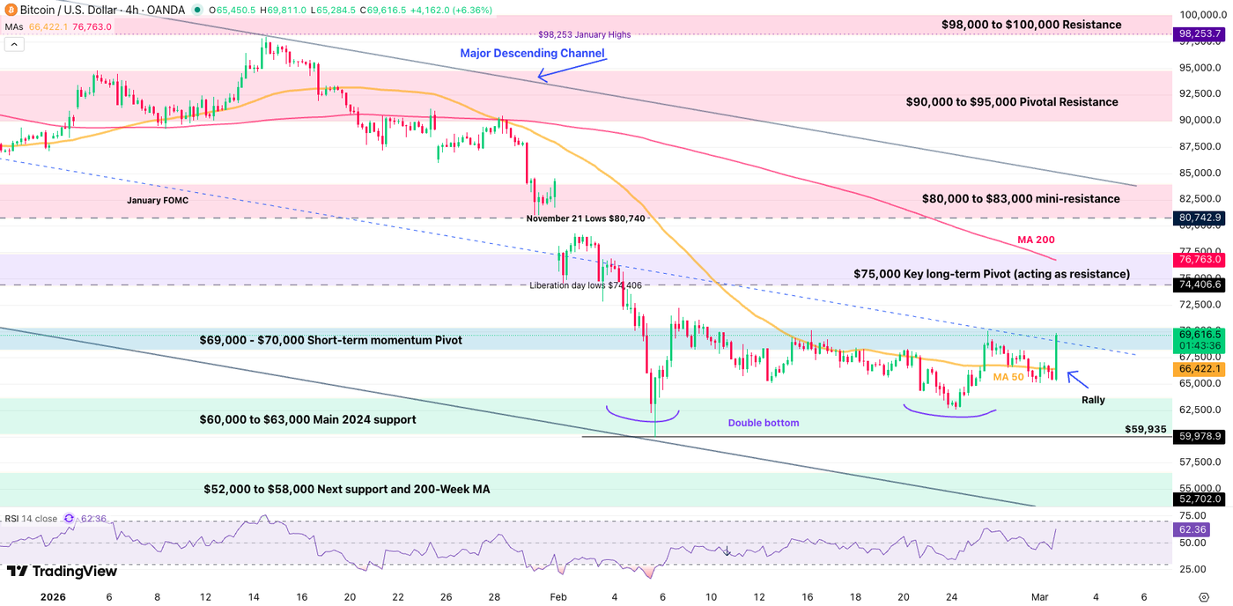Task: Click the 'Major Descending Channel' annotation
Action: point(532,54)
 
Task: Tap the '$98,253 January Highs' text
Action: point(585,35)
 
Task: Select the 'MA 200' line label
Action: point(1036,240)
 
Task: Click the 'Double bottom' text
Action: point(764,423)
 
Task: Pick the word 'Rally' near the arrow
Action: point(1093,400)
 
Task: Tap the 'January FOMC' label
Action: point(158,201)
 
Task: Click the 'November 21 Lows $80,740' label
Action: point(586,218)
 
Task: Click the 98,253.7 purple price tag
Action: point(1200,34)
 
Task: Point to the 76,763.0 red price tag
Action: point(1200,260)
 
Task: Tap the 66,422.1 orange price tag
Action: point(1200,370)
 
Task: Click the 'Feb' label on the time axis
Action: point(557,596)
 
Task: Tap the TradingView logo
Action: point(62,571)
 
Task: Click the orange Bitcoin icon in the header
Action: point(11,10)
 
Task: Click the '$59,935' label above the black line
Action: point(1145,430)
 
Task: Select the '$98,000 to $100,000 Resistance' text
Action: point(1031,25)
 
